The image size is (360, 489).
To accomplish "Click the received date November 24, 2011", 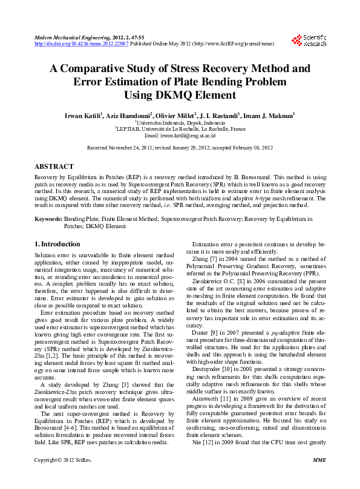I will pos(140,148).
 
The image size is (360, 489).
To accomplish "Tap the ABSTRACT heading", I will pos(54,166).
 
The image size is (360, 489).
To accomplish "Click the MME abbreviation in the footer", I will pos(319,478).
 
